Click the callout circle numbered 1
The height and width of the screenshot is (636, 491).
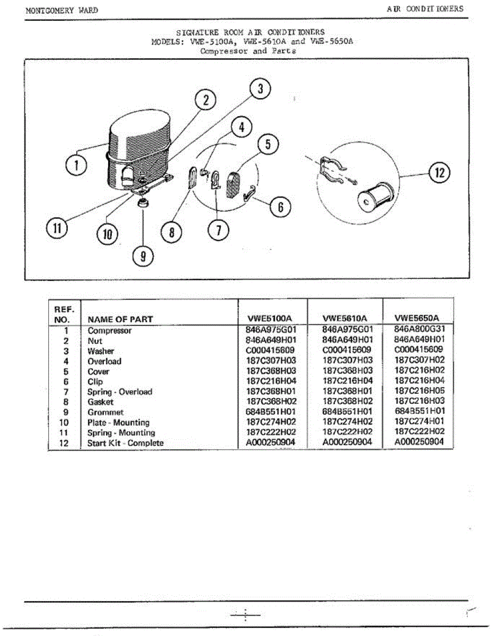coord(76,165)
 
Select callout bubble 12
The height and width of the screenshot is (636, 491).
coord(439,173)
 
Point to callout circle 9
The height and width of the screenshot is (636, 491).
coord(143,257)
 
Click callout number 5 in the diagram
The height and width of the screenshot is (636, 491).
coord(268,145)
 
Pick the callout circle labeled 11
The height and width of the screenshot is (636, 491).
coord(57,228)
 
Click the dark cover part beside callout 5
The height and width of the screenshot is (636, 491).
coord(233,183)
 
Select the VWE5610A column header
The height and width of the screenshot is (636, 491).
coord(345,318)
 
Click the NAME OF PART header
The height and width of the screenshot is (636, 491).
coord(120,319)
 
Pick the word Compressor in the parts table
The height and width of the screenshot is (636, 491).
coord(110,331)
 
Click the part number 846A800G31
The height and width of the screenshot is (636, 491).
coord(419,329)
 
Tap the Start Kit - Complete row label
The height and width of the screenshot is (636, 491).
coord(126,443)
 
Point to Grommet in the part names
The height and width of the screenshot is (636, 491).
coord(105,412)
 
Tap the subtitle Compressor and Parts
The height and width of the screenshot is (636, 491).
coord(248,51)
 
